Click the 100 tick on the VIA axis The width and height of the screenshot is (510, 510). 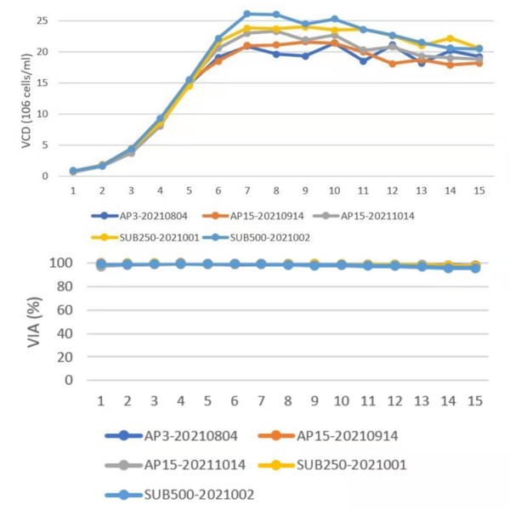click(58, 263)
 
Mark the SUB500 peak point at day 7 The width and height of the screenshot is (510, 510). click(247, 14)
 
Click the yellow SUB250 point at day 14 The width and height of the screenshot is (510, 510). click(450, 38)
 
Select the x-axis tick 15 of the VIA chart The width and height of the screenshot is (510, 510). click(475, 399)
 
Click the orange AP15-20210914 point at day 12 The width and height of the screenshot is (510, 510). click(392, 64)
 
